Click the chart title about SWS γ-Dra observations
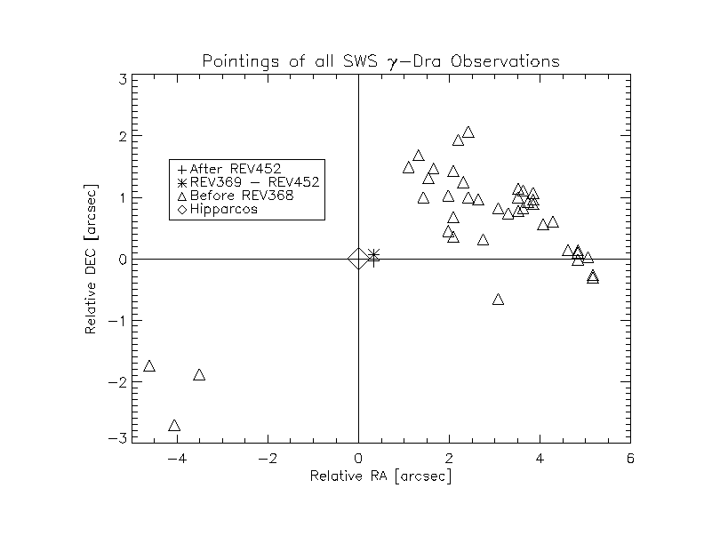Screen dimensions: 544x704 tap(381, 61)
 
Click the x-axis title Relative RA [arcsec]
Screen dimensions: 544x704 tap(380, 476)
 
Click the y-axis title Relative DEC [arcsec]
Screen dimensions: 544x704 tap(91, 260)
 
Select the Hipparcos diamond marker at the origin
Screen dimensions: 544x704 tap(357, 259)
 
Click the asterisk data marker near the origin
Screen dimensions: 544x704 tap(373, 255)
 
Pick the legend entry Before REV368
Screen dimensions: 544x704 tap(236, 196)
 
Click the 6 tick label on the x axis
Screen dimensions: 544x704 tap(630, 458)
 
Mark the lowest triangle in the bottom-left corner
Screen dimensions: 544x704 tap(174, 426)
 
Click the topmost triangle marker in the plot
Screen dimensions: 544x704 tap(468, 132)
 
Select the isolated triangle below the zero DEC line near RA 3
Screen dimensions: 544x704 tap(499, 300)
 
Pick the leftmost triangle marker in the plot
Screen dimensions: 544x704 tap(149, 366)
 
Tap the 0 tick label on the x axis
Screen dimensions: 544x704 tap(358, 458)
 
